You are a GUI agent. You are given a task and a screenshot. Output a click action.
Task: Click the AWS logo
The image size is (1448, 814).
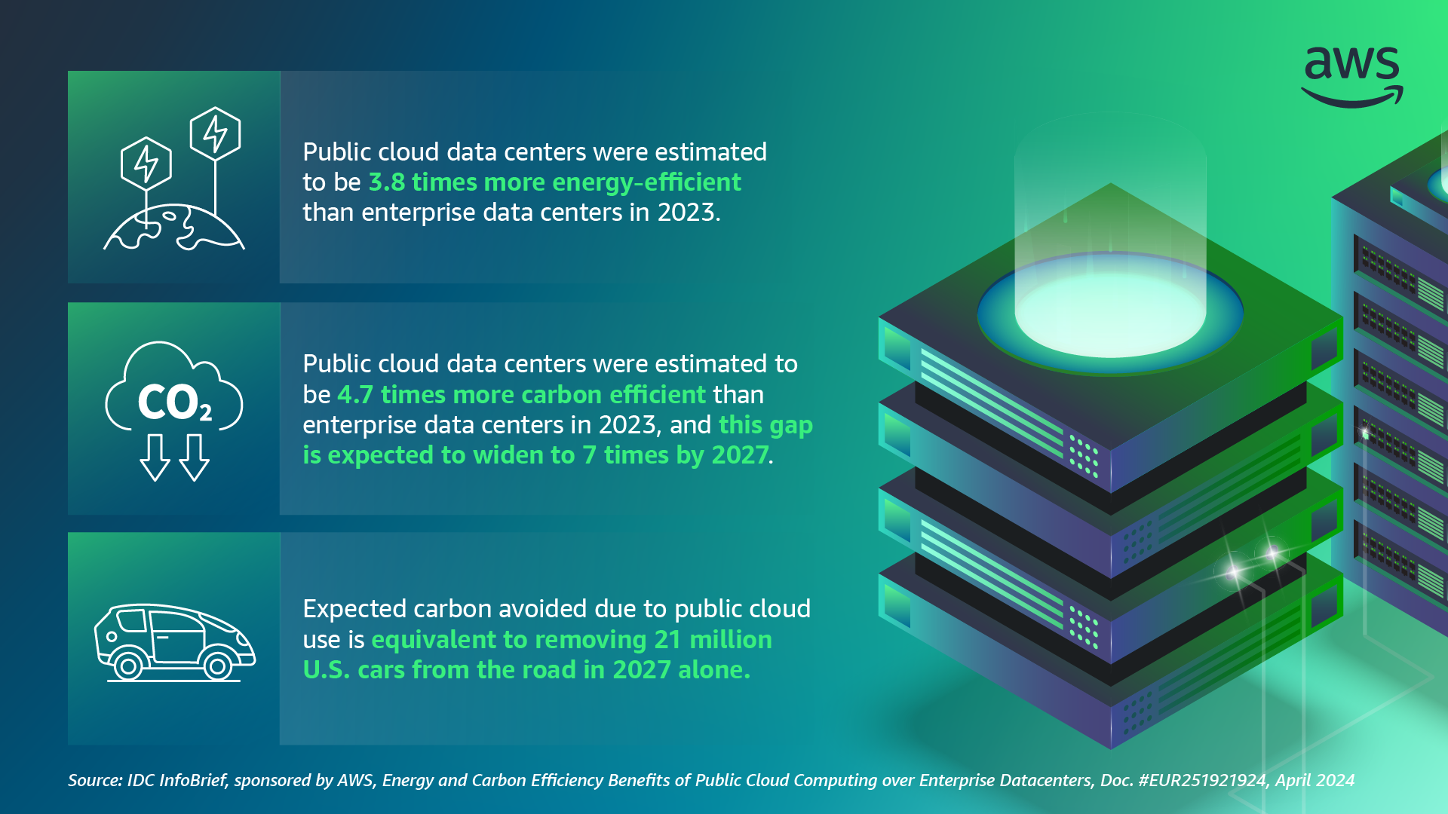click(1352, 75)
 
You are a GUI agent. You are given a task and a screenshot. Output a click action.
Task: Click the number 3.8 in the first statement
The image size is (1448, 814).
click(386, 182)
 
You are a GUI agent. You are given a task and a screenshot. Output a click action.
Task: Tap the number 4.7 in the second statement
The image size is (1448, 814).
click(355, 395)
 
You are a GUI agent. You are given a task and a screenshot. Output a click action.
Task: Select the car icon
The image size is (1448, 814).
click(174, 641)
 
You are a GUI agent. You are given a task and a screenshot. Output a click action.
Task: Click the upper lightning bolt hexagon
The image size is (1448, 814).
click(216, 133)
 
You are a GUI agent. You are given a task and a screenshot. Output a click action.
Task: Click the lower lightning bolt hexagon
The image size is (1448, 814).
click(146, 163)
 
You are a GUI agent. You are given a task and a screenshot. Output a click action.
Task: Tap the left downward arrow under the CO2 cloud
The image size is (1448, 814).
click(155, 457)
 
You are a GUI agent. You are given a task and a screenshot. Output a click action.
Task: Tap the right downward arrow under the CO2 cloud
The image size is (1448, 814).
click(195, 457)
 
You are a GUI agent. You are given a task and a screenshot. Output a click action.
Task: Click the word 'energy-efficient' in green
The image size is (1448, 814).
click(646, 182)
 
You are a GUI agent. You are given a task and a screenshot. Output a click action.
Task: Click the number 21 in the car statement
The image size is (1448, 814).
click(667, 640)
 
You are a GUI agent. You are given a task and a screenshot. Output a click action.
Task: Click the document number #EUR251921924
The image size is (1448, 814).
click(1202, 781)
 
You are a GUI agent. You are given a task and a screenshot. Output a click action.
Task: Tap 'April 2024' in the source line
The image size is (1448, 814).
click(1315, 781)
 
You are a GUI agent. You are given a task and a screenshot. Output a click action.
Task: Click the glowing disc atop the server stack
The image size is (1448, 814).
click(1110, 313)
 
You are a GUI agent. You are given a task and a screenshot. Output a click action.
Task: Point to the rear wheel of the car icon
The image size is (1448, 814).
click(128, 666)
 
